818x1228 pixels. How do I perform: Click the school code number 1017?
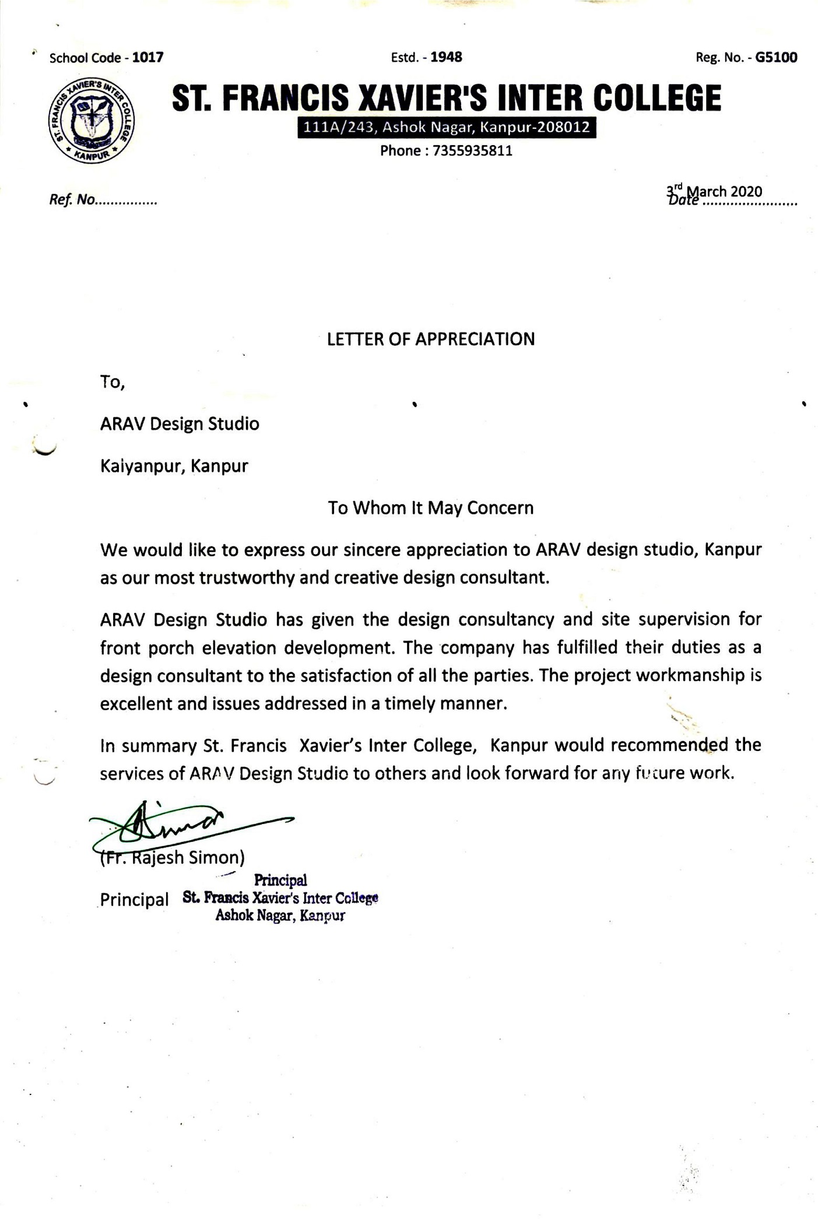click(x=148, y=58)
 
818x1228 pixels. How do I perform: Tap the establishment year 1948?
click(x=446, y=57)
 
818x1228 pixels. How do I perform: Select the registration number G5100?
click(x=776, y=57)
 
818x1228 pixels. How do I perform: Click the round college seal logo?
click(x=92, y=120)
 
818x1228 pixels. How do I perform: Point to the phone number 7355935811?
click(x=473, y=151)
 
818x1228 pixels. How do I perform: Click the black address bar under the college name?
click(x=447, y=127)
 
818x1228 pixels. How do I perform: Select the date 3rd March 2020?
click(x=714, y=192)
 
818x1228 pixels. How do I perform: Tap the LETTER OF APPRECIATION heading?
click(x=430, y=339)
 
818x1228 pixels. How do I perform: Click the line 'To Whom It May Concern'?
click(x=430, y=508)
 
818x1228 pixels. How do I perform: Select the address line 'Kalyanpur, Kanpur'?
click(x=174, y=466)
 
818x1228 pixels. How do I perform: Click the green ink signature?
click(x=175, y=825)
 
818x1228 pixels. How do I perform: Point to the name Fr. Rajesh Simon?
click(x=173, y=857)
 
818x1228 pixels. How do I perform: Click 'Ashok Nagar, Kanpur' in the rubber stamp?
click(x=280, y=915)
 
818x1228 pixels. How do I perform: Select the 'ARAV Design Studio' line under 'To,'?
click(x=180, y=424)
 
